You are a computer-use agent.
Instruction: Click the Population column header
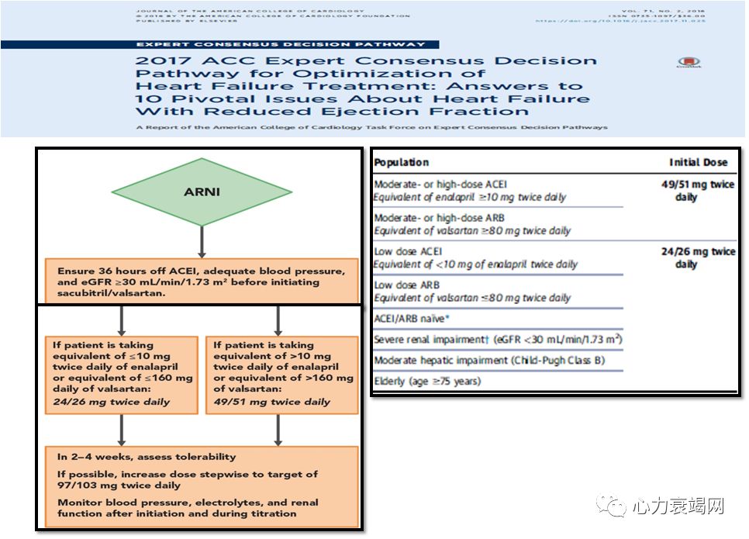(402, 162)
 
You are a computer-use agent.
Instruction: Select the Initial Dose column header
(698, 162)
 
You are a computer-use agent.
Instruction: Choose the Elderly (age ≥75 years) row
(427, 381)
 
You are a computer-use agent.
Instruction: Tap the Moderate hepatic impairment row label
(488, 361)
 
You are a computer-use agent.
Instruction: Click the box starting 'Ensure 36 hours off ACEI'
(201, 282)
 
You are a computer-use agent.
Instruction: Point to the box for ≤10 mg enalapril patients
(121, 373)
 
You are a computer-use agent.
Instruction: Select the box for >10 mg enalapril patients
(281, 373)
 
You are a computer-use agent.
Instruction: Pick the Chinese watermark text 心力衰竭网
(677, 507)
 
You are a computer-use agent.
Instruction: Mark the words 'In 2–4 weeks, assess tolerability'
(147, 457)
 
